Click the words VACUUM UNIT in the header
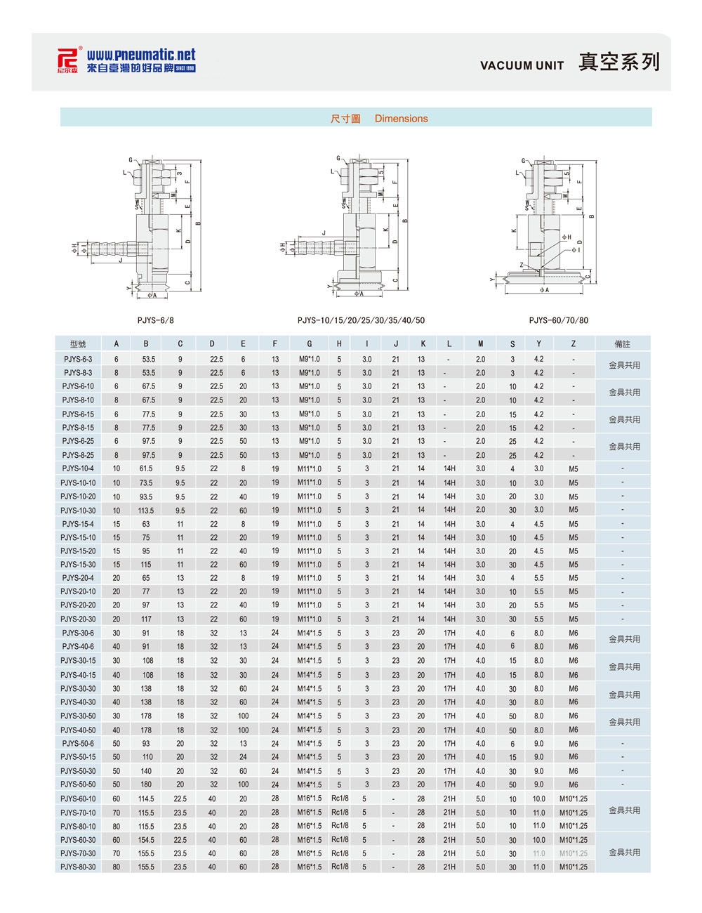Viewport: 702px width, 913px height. [522, 65]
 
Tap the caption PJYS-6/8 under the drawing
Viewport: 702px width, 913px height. [155, 320]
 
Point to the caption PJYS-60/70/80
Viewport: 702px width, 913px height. [559, 320]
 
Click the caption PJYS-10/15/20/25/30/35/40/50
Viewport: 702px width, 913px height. [361, 320]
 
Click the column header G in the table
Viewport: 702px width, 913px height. [309, 344]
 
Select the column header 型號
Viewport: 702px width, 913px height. [78, 344]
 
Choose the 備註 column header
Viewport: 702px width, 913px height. [623, 344]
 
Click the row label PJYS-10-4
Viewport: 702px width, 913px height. [78, 468]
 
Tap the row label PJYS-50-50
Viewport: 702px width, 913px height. [78, 784]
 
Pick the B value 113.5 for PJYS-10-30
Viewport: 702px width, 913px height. [146, 510]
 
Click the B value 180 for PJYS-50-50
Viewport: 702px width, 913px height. [146, 784]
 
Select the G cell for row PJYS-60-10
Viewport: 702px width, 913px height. [309, 799]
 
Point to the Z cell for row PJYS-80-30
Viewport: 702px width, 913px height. [574, 867]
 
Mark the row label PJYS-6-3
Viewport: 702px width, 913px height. [78, 359]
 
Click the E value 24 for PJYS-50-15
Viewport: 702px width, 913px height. [243, 757]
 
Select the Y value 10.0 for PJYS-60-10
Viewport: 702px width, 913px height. [538, 799]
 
